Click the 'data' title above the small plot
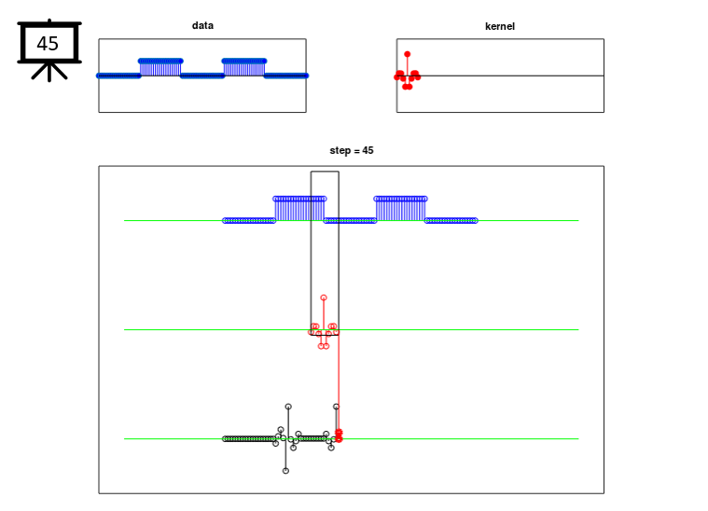(202, 26)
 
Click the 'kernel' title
(500, 26)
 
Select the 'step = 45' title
(352, 150)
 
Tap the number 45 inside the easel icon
(48, 44)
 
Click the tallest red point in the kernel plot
(408, 54)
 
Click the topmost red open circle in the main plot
(324, 298)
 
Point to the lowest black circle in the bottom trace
(285, 471)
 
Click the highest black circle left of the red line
(288, 407)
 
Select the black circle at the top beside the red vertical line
(336, 407)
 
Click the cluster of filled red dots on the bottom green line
(339, 435)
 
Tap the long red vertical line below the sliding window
(339, 383)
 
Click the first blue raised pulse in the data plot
(160, 68)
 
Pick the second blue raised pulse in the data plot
(243, 68)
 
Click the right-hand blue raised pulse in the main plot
(400, 209)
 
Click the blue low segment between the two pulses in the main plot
(350, 221)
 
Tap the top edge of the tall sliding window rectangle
(325, 172)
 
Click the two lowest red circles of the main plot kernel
(324, 346)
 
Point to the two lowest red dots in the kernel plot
(408, 87)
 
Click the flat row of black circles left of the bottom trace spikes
(249, 439)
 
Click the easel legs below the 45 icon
(49, 72)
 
